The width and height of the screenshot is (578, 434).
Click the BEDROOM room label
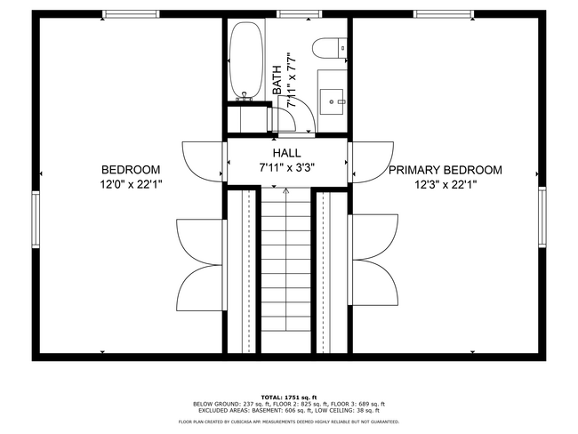coord(131,170)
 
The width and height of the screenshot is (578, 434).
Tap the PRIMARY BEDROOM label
coord(445,170)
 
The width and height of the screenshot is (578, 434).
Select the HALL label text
coord(287,154)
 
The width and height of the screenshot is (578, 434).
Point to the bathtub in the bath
coord(245,60)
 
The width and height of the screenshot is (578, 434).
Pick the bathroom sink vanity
coord(333,94)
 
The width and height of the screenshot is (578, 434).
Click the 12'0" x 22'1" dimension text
coord(131,185)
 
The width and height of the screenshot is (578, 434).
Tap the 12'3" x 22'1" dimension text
coord(445,185)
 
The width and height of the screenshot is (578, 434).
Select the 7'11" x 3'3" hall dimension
coord(287,167)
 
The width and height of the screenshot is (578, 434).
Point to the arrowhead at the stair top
coord(285,189)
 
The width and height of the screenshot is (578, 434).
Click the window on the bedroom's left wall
coord(36,218)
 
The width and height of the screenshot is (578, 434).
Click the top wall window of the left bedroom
coord(131,14)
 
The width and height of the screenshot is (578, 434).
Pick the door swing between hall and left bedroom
coord(202,160)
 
